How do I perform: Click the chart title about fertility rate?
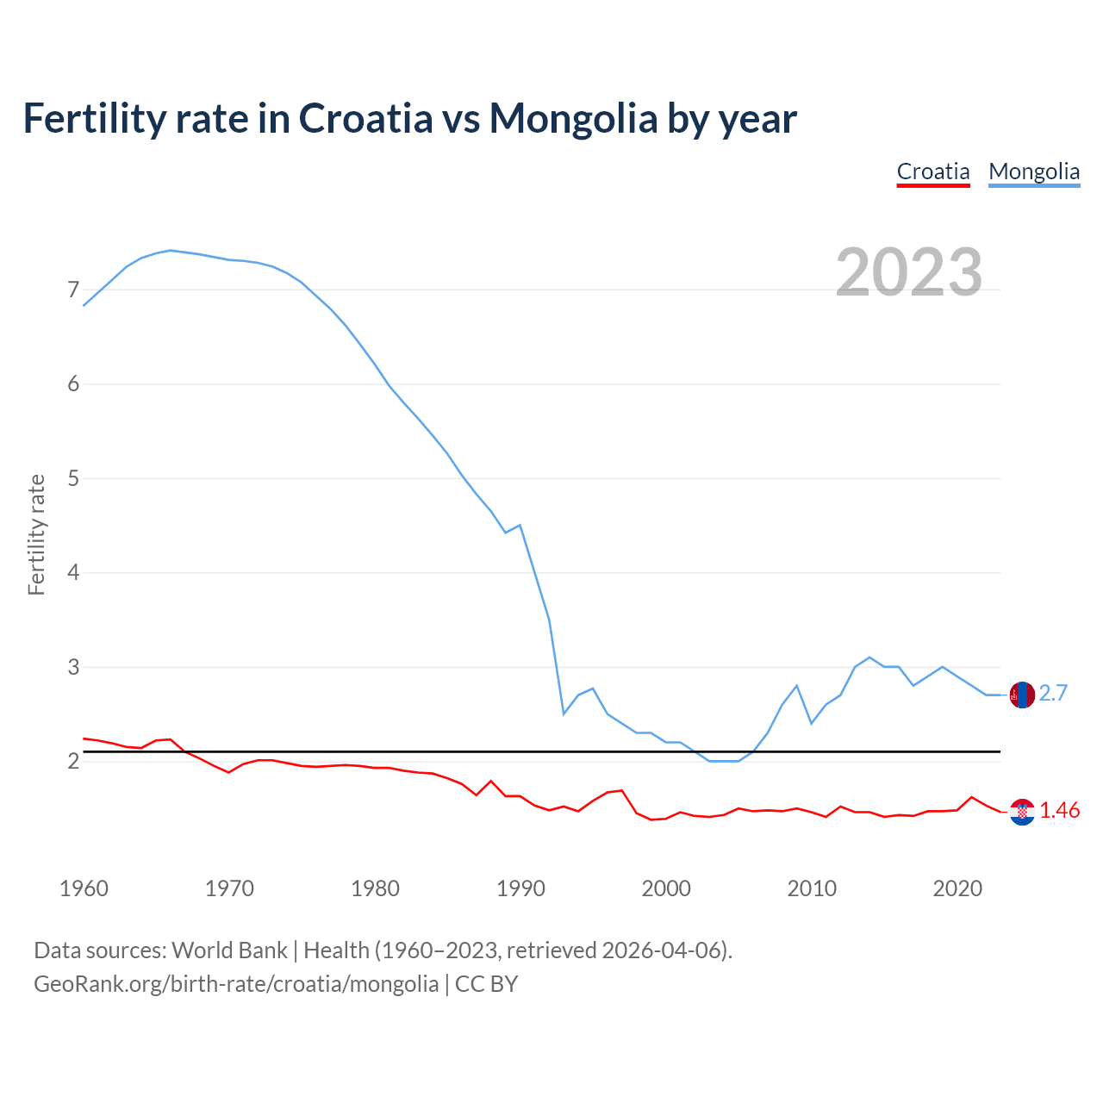(x=409, y=118)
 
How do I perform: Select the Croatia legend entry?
(x=933, y=171)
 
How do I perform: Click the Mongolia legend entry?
(x=1034, y=171)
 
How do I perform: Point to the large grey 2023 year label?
(x=909, y=272)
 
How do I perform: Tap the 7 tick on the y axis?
(x=73, y=290)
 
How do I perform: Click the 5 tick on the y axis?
(x=73, y=478)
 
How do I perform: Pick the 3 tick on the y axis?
(x=73, y=667)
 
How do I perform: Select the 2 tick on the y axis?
(x=73, y=761)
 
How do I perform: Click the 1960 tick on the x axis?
(x=84, y=888)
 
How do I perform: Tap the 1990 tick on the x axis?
(x=520, y=888)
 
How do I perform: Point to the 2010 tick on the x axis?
(x=812, y=888)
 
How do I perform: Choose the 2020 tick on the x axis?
(x=957, y=888)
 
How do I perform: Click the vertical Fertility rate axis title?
(x=36, y=534)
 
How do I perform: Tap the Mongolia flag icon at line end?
(x=1022, y=695)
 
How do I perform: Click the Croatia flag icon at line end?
(x=1022, y=812)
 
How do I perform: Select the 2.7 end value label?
(x=1053, y=694)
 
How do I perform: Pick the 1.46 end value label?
(x=1059, y=811)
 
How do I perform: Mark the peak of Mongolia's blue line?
(x=171, y=250)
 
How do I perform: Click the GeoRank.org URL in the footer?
(x=236, y=984)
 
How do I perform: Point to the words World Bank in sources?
(x=229, y=950)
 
